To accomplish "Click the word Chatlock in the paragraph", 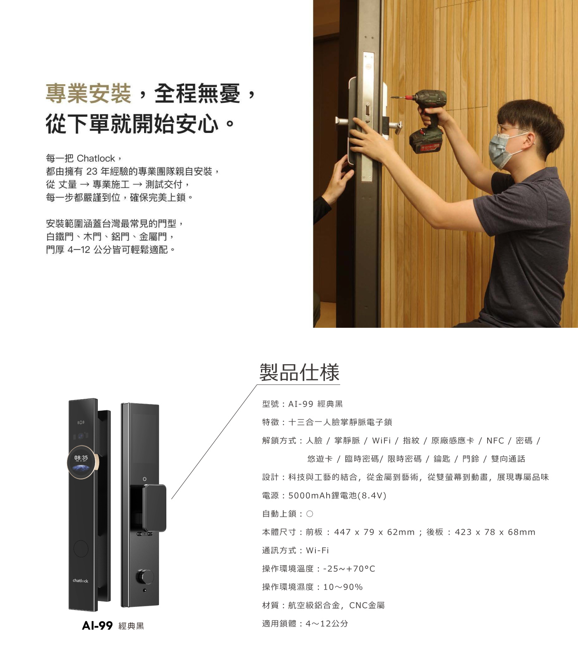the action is tap(96, 159).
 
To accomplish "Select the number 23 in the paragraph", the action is tap(92, 171).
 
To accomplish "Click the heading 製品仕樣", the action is tap(299, 372).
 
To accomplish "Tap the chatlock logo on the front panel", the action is tap(81, 580).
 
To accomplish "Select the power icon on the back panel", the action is tap(144, 479).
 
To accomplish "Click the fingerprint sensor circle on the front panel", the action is tap(81, 548).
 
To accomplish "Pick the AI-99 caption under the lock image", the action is tap(97, 625).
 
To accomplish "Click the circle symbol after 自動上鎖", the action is tap(310, 514).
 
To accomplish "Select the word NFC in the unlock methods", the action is tap(495, 440).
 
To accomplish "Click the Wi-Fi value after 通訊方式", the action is tap(317, 550).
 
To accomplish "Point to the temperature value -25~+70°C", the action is tap(349, 568).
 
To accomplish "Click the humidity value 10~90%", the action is tap(343, 587).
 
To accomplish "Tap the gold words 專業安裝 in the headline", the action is tap(88, 93).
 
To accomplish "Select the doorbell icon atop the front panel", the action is tap(81, 422).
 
